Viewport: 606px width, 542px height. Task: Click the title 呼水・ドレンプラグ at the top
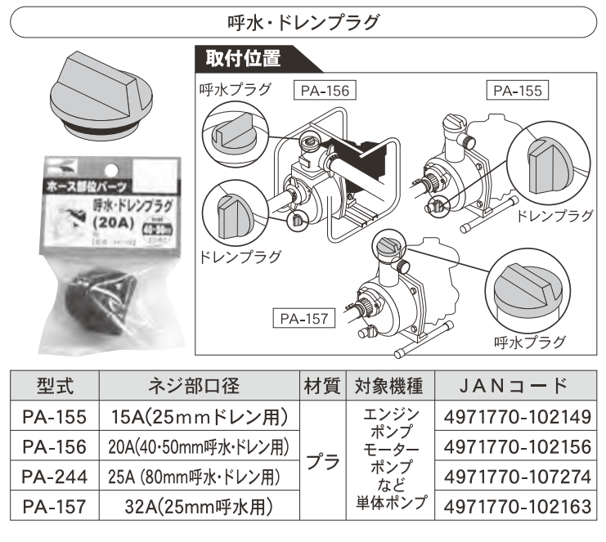point(303,21)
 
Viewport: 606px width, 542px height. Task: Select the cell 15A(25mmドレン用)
point(199,418)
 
